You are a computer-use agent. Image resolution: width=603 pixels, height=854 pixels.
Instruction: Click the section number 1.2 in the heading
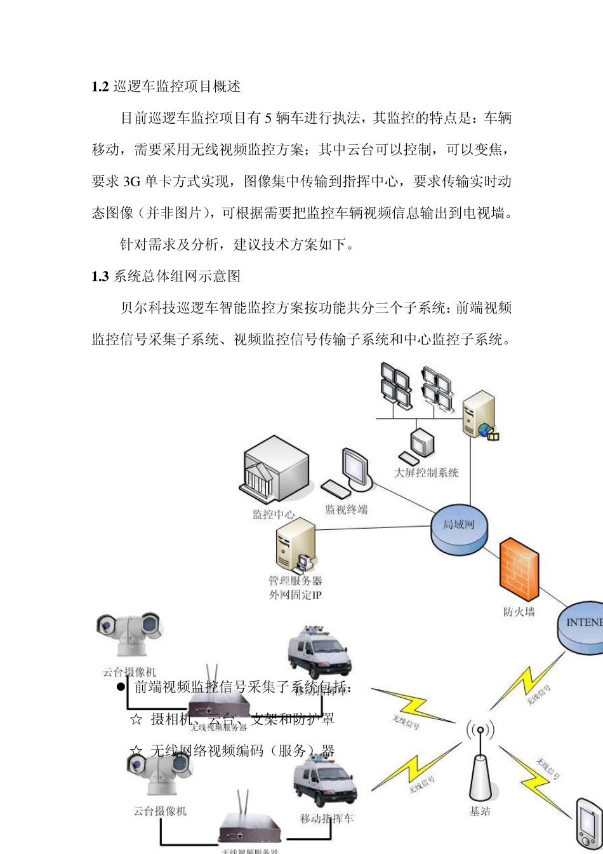coord(100,87)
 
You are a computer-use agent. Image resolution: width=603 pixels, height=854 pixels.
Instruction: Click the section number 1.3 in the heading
coord(100,276)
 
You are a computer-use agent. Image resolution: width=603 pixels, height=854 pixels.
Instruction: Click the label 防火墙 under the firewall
coord(519,612)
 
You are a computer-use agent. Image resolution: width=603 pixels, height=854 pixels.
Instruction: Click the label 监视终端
coord(347,510)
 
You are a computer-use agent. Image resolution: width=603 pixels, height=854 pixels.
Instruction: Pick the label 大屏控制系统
coord(426,473)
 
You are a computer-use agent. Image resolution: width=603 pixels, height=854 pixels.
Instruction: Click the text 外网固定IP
coord(296,595)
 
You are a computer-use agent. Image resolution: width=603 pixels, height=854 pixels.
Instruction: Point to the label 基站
coord(480,811)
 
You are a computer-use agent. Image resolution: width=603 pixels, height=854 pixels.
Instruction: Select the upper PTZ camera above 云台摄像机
coord(131,633)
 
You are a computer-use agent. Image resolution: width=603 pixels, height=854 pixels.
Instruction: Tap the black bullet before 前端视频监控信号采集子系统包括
coord(119,688)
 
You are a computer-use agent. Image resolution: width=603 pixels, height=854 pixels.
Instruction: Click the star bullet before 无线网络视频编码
coord(135,752)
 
